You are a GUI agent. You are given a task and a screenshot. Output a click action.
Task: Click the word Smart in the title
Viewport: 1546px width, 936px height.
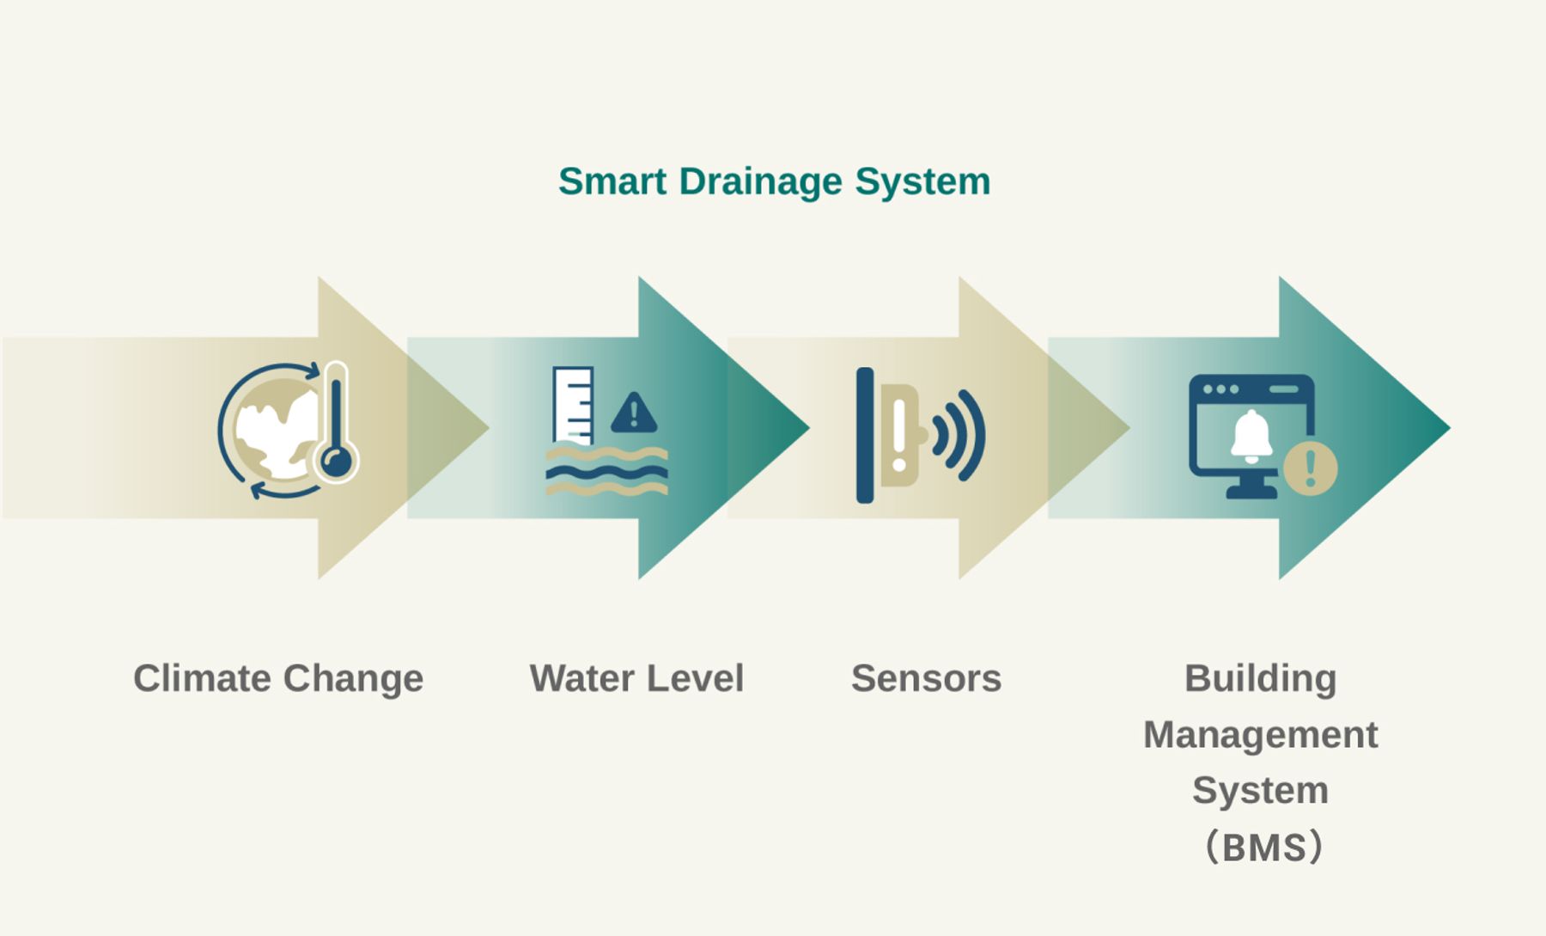coord(612,181)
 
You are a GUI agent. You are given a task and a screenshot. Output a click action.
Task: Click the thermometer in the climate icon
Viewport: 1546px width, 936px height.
coord(336,421)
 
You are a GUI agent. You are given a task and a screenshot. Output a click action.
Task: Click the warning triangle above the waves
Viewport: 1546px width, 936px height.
coord(634,413)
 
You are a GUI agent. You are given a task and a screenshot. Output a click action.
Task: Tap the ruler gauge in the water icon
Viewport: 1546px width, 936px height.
coord(573,404)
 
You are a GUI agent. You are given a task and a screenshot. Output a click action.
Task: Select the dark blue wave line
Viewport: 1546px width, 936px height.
coord(606,472)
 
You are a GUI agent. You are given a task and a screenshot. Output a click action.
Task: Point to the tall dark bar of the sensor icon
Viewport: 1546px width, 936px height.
coord(865,434)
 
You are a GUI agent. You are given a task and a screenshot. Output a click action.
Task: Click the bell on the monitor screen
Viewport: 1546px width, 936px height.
coord(1251,435)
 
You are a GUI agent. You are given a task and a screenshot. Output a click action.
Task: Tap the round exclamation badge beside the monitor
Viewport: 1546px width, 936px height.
coord(1310,468)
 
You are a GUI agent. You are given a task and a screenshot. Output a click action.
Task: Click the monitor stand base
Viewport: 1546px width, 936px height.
coord(1251,492)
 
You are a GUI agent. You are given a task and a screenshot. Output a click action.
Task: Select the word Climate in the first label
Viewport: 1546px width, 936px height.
coord(202,678)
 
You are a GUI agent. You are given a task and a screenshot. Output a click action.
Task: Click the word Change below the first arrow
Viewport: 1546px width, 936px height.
coord(353,678)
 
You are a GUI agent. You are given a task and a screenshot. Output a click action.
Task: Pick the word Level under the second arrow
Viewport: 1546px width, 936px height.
coord(696,678)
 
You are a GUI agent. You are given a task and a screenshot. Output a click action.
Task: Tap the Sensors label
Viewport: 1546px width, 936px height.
coord(926,678)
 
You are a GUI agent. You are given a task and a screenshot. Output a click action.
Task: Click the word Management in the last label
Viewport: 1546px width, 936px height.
coord(1260,735)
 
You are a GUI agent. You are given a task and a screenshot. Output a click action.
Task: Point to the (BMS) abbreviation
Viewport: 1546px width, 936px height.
coord(1263,847)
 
